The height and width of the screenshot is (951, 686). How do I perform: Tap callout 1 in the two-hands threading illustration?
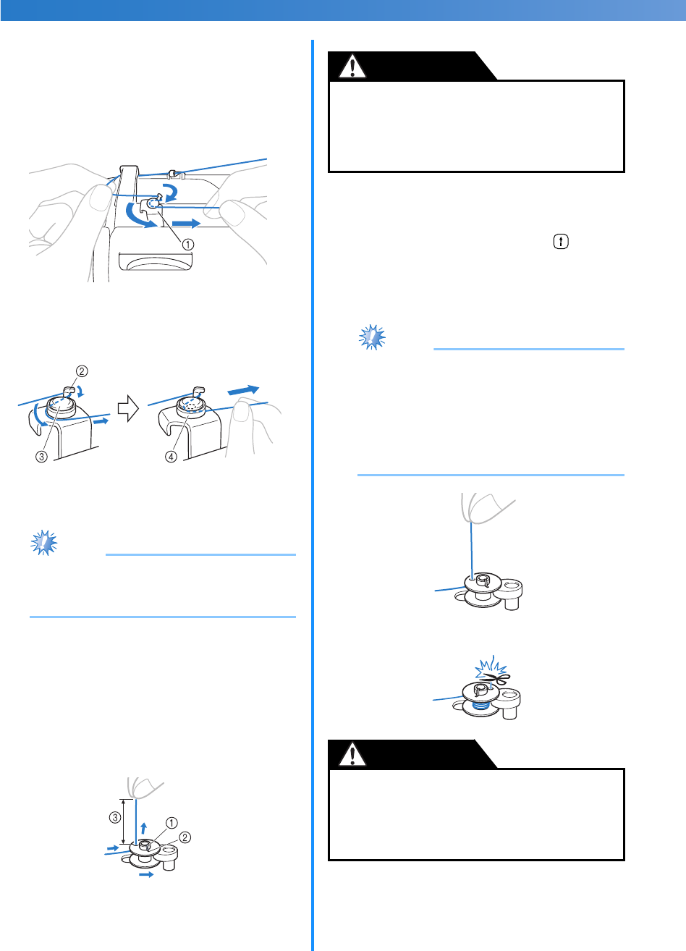click(188, 244)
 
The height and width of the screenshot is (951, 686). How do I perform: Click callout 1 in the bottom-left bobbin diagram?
click(171, 822)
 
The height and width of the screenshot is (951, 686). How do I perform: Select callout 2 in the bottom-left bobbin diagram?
click(185, 837)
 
